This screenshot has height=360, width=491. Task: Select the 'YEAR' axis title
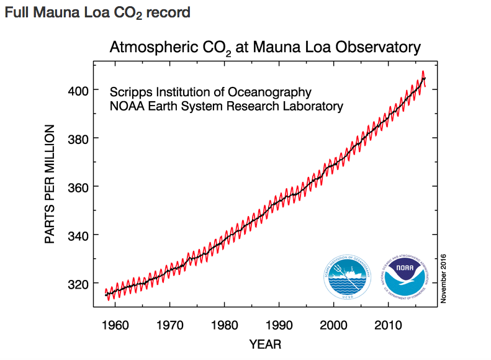point(266,344)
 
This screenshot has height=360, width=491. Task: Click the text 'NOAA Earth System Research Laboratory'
point(226,106)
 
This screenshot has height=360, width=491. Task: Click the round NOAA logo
point(403,277)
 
